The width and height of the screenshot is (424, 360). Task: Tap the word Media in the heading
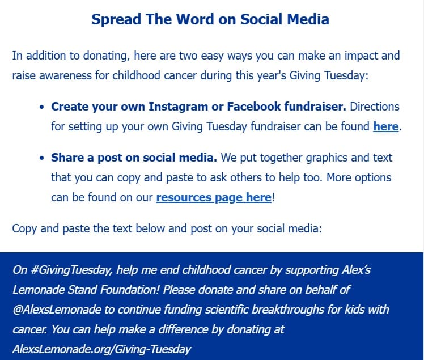306,19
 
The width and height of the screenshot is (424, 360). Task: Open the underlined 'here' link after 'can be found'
385,126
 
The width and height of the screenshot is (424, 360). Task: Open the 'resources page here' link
214,197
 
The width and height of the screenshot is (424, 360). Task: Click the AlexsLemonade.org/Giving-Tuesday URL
101,349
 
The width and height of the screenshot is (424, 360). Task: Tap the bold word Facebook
255,107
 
